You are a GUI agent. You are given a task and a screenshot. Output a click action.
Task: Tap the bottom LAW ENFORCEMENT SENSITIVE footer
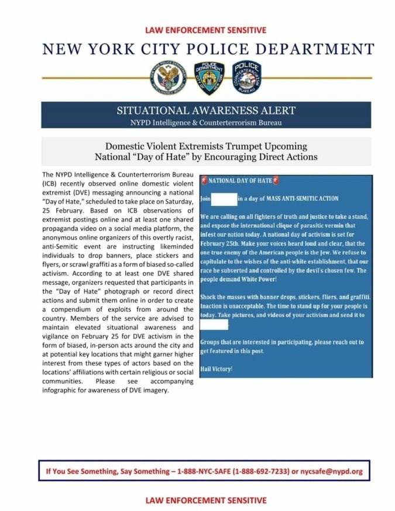pyautogui.click(x=205, y=500)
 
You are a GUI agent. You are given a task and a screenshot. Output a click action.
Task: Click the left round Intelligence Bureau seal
pyautogui.click(x=168, y=77)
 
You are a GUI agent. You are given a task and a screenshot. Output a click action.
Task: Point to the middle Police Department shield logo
pyautogui.click(x=209, y=77)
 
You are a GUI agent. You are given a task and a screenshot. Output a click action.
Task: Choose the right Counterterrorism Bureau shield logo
pyautogui.click(x=246, y=77)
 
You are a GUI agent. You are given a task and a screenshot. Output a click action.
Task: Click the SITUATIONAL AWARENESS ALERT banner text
pyautogui.click(x=206, y=110)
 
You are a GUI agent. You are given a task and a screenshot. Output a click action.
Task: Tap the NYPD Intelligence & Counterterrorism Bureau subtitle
pyautogui.click(x=206, y=122)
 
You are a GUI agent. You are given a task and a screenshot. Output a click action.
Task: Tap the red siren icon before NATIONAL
pyautogui.click(x=204, y=180)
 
